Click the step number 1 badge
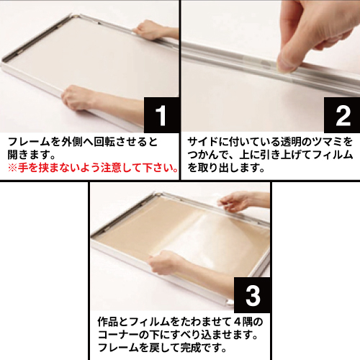pyautogui.click(x=161, y=115)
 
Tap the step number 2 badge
pyautogui.click(x=342, y=115)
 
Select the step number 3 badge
pyautogui.click(x=253, y=295)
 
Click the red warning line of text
pyautogui.click(x=93, y=168)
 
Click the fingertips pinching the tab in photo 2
pyautogui.click(x=287, y=63)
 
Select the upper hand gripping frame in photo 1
pyautogui.click(x=149, y=30)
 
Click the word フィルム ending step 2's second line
pyautogui.click(x=333, y=155)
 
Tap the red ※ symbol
pyautogui.click(x=12, y=168)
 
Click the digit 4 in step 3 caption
pyautogui.click(x=237, y=322)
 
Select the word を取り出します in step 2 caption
pyautogui.click(x=226, y=168)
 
